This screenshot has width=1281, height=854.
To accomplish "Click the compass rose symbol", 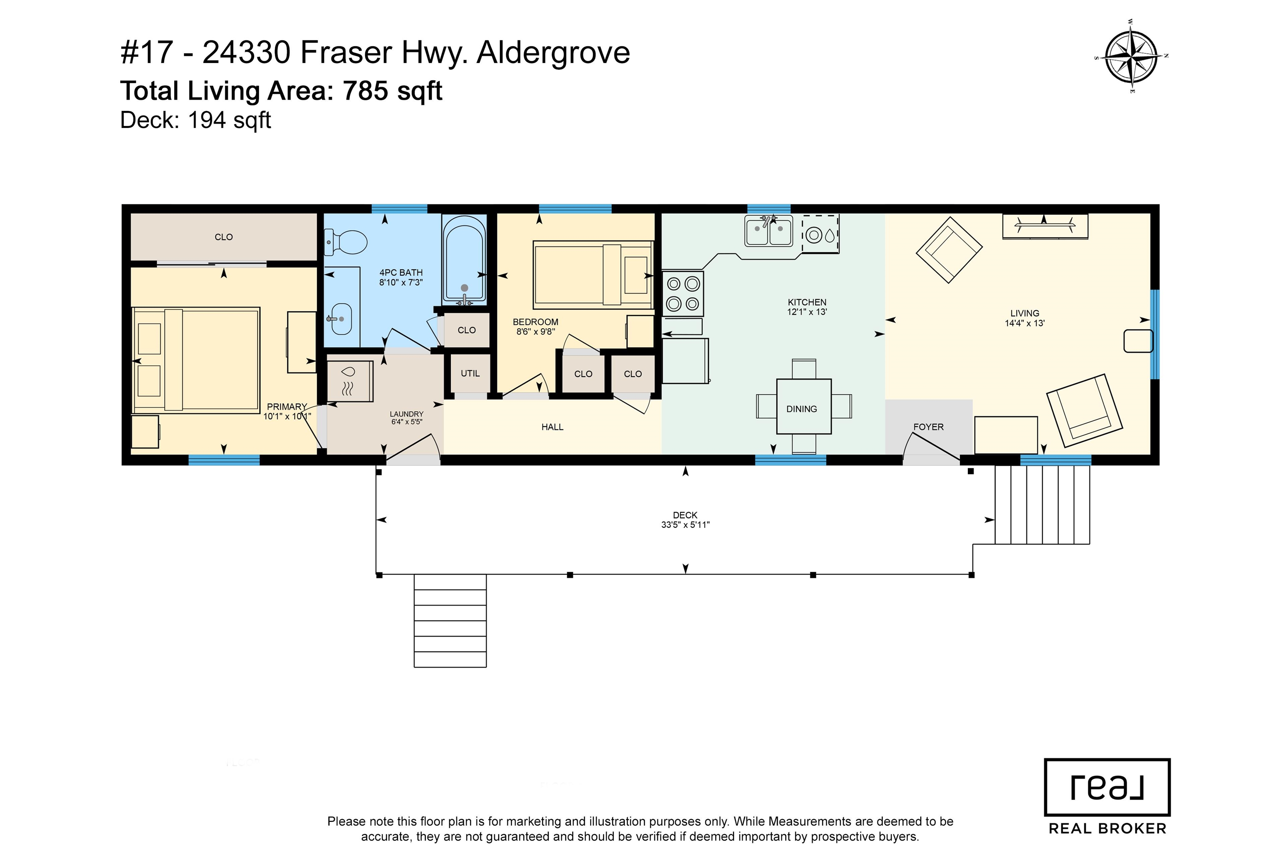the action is (x=1132, y=56).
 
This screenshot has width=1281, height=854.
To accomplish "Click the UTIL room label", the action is (x=470, y=374).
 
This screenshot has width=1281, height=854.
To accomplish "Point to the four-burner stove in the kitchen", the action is (x=683, y=294).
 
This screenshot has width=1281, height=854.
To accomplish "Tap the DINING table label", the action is (x=801, y=409).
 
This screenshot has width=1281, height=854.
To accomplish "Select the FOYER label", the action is (x=928, y=427).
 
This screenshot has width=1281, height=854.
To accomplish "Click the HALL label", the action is (x=552, y=427).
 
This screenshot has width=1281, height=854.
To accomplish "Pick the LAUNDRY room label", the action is (x=406, y=414).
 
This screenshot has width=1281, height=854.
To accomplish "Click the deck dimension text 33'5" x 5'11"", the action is (x=685, y=525).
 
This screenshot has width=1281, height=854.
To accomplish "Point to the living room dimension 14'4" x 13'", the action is (x=1025, y=323).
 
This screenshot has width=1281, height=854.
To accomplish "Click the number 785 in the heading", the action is (x=365, y=90).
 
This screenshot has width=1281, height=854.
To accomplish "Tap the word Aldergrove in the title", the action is (x=553, y=53).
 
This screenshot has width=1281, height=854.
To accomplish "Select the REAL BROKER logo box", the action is (x=1107, y=788).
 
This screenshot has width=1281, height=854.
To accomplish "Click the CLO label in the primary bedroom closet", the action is (x=224, y=237).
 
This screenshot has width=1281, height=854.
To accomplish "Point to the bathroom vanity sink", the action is (x=340, y=319).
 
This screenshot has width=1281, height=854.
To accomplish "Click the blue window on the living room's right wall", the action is (x=1154, y=334).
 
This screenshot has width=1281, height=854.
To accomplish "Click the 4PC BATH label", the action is (x=401, y=272).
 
